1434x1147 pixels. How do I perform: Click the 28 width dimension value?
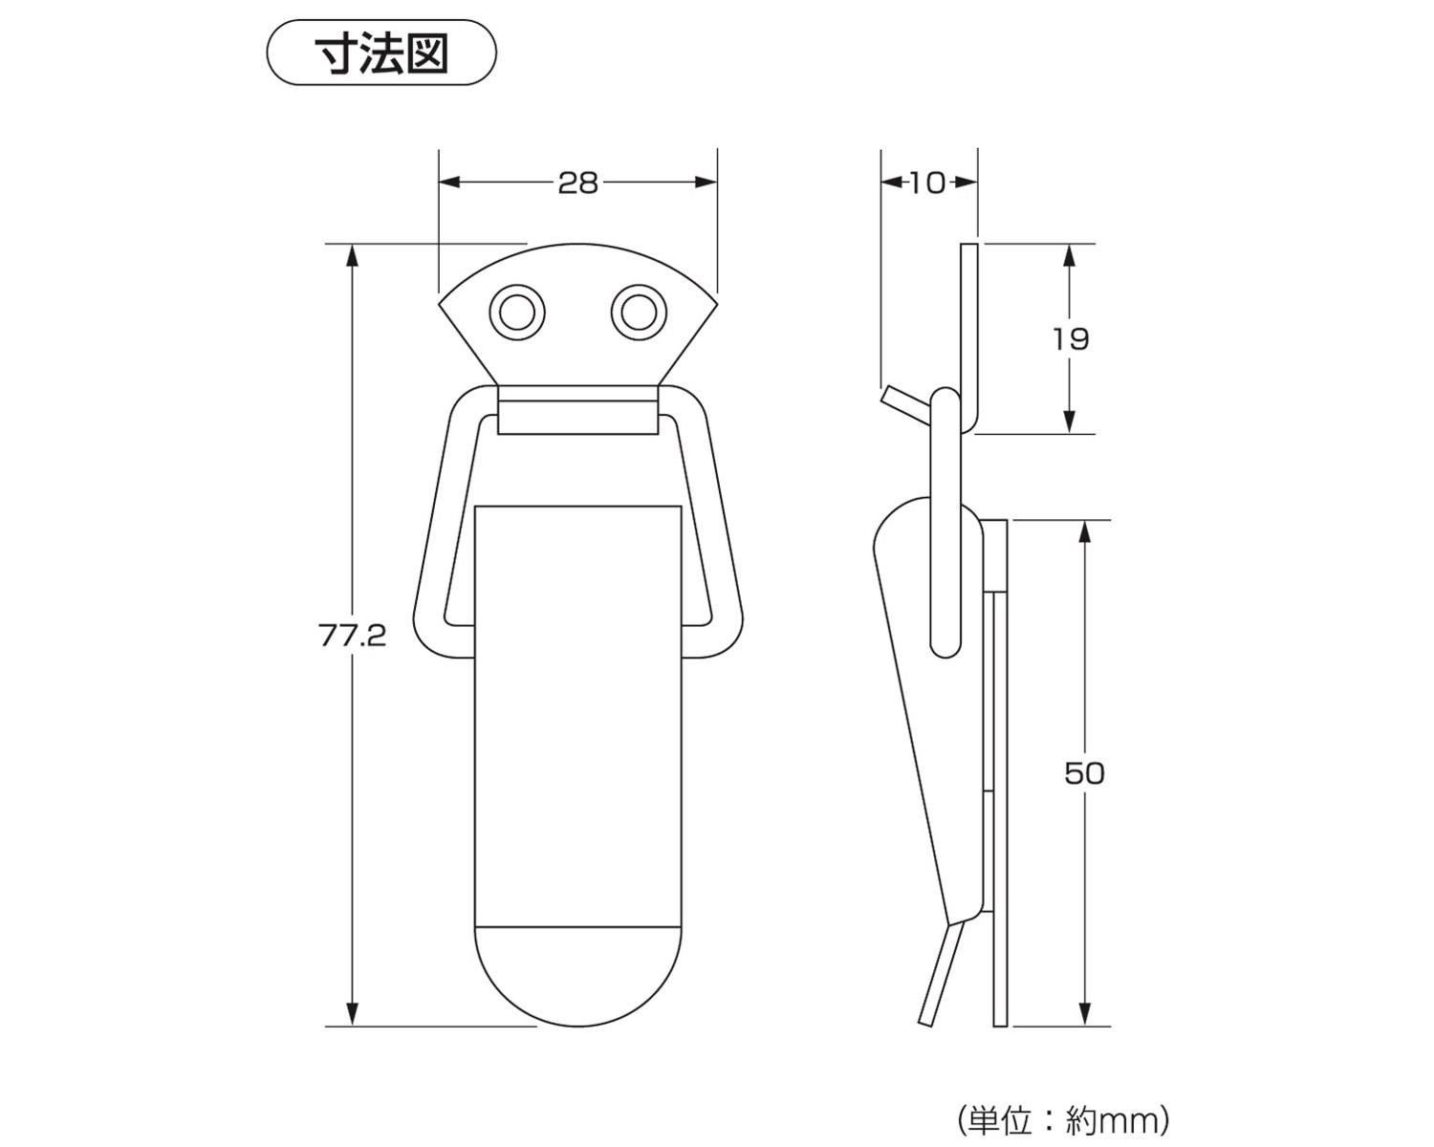pyautogui.click(x=577, y=183)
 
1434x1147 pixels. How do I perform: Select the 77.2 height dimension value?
pyautogui.click(x=353, y=636)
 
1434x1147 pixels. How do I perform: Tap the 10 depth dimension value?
pyautogui.click(x=926, y=183)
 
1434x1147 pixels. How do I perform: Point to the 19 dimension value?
pyautogui.click(x=1070, y=338)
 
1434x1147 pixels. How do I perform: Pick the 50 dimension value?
pyautogui.click(x=1084, y=772)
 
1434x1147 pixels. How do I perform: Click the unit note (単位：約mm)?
pyautogui.click(x=1062, y=1119)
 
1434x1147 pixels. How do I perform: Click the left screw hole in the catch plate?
pyautogui.click(x=517, y=312)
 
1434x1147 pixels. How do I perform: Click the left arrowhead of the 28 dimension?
pyautogui.click(x=449, y=183)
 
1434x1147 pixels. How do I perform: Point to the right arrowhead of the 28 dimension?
pyautogui.click(x=706, y=183)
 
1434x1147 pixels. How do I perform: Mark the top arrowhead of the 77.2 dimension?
pyautogui.click(x=353, y=254)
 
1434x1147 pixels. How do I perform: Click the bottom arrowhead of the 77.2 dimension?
pyautogui.click(x=353, y=1016)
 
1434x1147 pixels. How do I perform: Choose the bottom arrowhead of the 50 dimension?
pyautogui.click(x=1085, y=1016)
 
